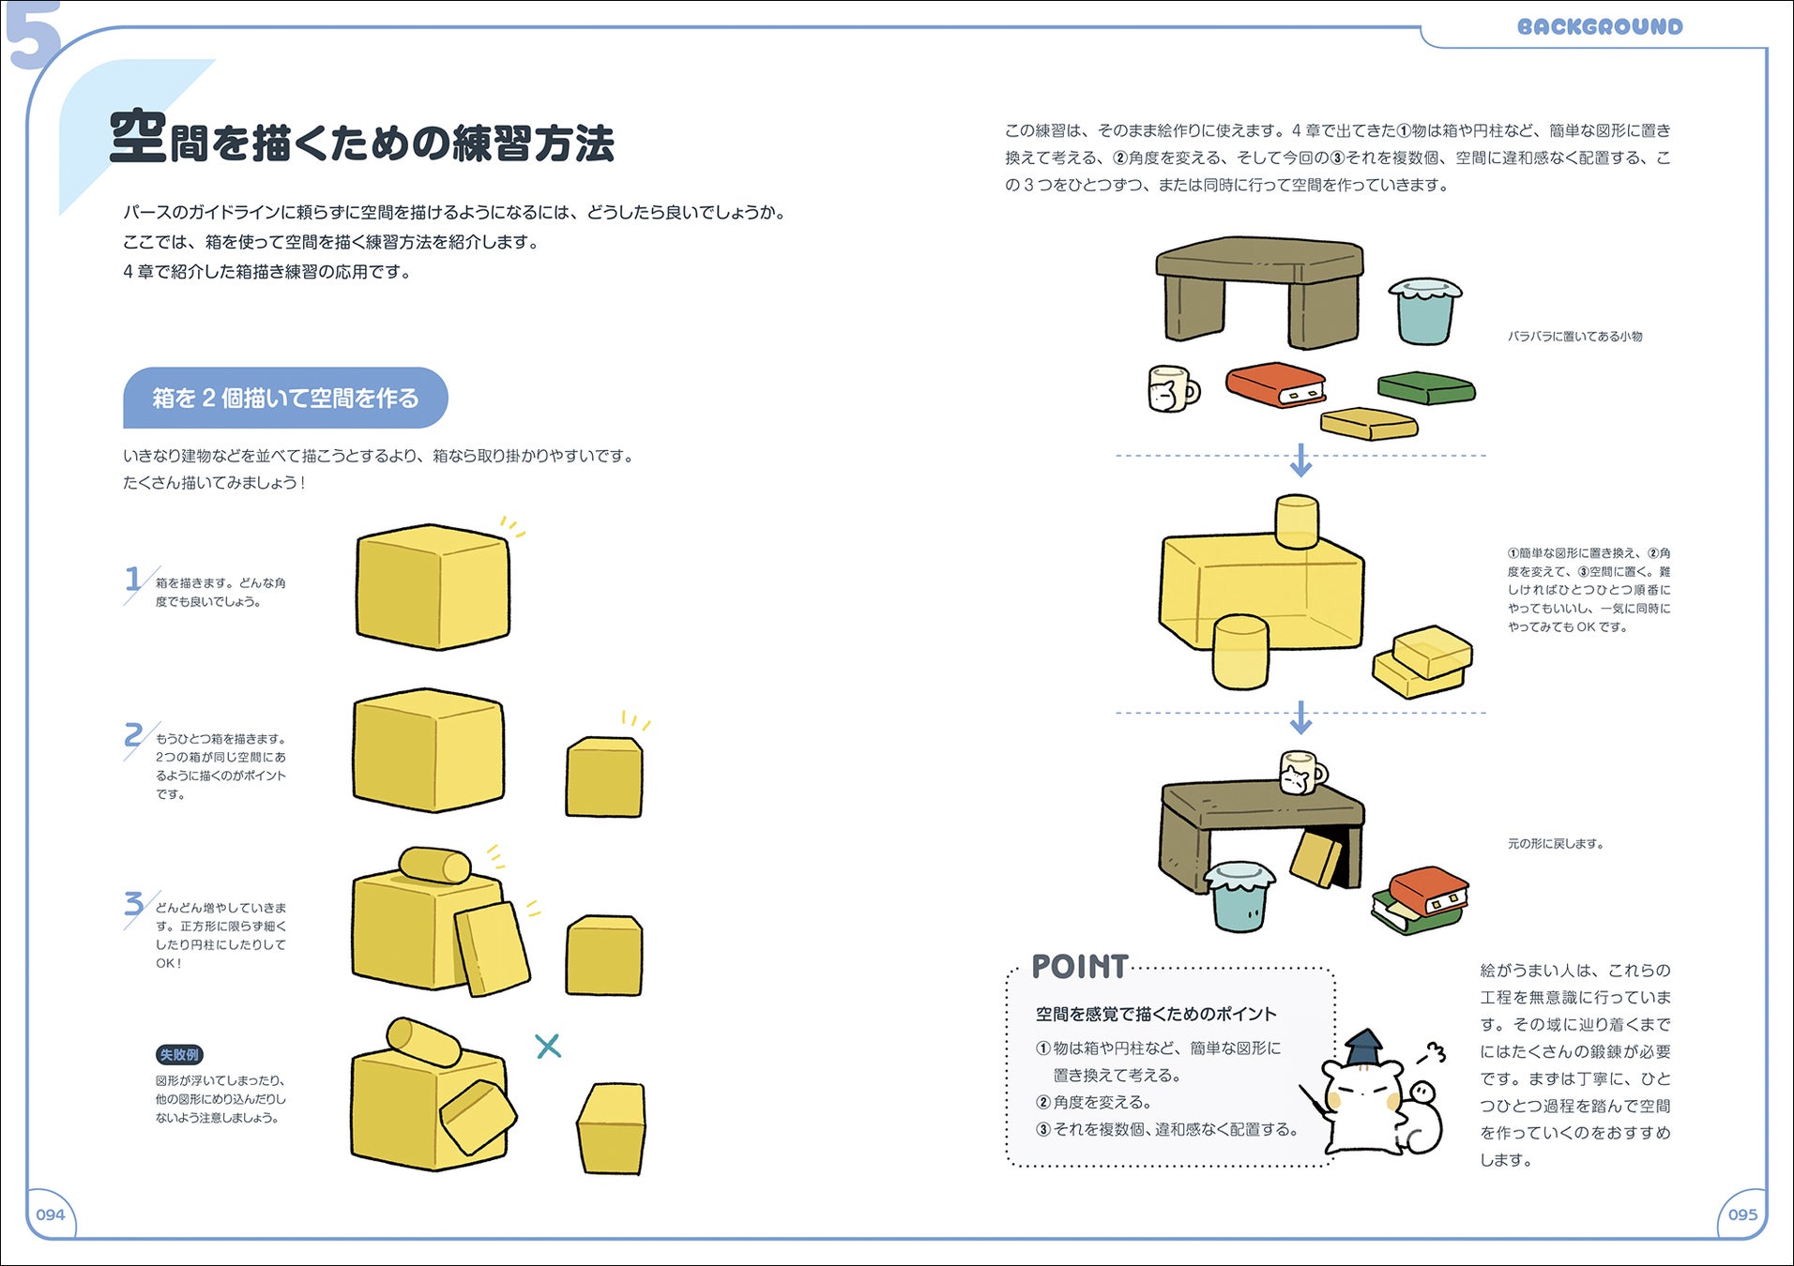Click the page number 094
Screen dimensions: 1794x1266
tap(51, 1214)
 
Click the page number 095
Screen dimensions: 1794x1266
tap(1742, 1214)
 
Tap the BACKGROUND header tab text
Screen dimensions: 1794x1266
tap(1600, 26)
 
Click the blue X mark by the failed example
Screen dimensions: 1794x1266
tap(548, 1046)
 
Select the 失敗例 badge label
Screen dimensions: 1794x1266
tap(179, 1055)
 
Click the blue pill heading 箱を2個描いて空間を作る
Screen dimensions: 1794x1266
tap(285, 398)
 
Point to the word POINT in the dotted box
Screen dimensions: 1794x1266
tap(1079, 967)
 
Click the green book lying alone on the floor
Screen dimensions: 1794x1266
tap(1426, 387)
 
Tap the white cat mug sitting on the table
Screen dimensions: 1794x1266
tap(1302, 772)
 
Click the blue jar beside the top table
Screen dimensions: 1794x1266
tap(1424, 311)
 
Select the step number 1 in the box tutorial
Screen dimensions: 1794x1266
tap(133, 579)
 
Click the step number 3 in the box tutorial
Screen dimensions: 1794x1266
tap(134, 904)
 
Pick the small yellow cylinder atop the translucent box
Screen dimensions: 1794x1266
tap(1298, 521)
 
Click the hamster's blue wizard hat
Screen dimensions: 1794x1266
tap(1365, 1048)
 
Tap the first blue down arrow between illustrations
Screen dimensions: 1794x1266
tap(1300, 460)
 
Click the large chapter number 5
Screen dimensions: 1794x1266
tap(33, 36)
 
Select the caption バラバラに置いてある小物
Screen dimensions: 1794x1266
tap(1574, 337)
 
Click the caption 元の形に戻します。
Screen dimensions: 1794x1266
tap(1556, 844)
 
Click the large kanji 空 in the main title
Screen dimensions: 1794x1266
tap(138, 137)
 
